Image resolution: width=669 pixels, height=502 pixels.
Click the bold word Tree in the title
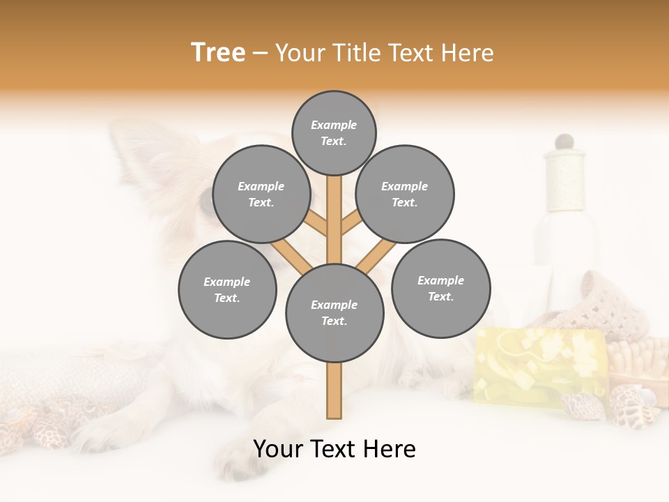(218, 53)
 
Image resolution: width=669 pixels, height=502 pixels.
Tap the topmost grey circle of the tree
(334, 132)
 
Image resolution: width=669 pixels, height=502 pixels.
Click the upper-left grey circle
(261, 194)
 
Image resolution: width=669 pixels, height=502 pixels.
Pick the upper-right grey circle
(405, 194)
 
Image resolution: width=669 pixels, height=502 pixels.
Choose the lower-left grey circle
(227, 289)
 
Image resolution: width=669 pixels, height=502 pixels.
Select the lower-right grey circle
(440, 288)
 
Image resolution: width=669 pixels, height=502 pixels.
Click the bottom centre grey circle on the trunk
(334, 313)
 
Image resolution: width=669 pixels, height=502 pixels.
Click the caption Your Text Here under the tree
(334, 449)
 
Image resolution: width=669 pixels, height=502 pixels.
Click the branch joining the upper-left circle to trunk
(315, 223)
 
